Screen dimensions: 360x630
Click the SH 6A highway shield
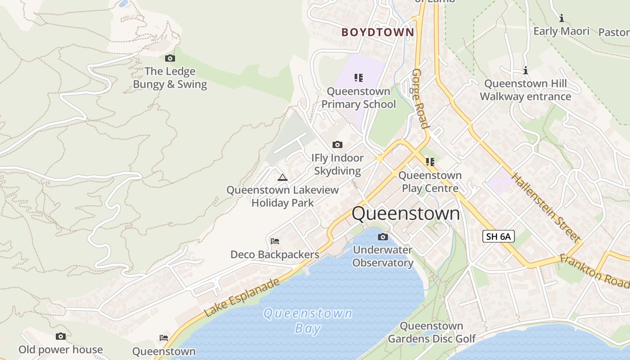[498, 236]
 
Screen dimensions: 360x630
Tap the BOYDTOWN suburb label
[378, 32]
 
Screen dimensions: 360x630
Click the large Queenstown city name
[406, 213]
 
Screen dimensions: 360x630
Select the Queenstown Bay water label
[308, 320]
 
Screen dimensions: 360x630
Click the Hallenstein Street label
[544, 207]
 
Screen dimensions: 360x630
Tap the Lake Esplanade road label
[242, 297]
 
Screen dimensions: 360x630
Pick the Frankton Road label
[594, 271]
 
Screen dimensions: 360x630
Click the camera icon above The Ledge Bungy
[170, 58]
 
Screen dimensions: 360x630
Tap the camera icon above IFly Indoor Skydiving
[337, 144]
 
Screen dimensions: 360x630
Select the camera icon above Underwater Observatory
[382, 237]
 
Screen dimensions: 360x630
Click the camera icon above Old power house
[61, 336]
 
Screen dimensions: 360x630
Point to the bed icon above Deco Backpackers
[275, 241]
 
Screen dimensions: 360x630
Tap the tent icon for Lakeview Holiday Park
[282, 177]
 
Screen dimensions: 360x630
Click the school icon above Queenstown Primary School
[358, 78]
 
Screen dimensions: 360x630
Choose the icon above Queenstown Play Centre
[430, 162]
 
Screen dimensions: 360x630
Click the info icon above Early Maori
[561, 18]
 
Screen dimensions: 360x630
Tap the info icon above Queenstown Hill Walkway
[525, 70]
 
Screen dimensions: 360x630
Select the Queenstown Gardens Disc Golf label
[431, 332]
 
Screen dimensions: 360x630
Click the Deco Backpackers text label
[274, 255]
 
